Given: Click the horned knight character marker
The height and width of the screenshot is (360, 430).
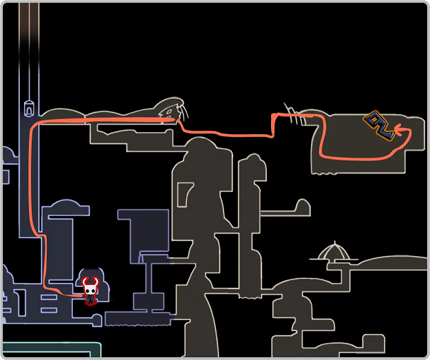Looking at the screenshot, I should (91, 290).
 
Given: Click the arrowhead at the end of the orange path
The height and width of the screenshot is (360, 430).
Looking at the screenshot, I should (397, 129).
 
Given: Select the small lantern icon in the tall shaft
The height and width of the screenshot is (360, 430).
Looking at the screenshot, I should (29, 107).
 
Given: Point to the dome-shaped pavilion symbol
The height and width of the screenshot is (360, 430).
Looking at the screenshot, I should (334, 253).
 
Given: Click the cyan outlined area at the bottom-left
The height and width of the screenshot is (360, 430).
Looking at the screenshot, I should (48, 350).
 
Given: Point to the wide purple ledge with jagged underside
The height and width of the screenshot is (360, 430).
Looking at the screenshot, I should (138, 319).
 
